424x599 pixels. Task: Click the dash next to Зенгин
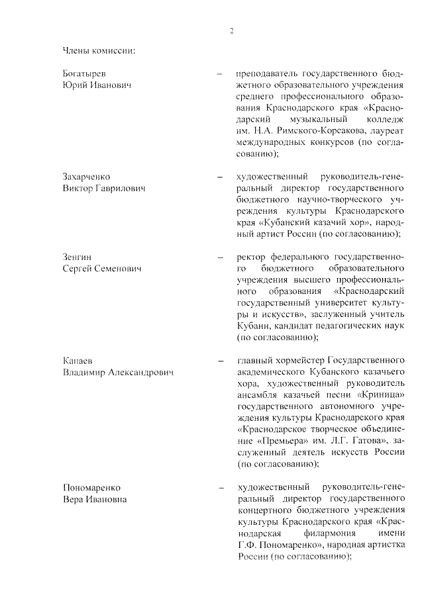[x=219, y=257]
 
